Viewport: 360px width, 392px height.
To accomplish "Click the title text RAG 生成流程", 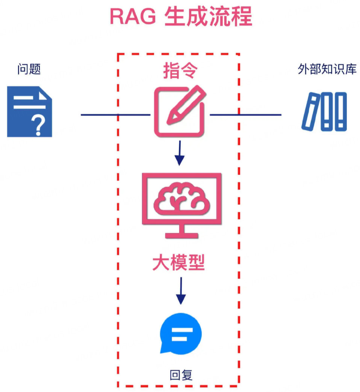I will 180,17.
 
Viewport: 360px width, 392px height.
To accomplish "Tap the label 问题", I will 29,69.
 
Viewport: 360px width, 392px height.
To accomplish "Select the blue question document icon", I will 30,112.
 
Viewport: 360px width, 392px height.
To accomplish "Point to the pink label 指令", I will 180,71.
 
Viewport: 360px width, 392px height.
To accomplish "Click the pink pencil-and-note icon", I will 180,111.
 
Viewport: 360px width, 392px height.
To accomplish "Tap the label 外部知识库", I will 327,69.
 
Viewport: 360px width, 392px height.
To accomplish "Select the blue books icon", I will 324,112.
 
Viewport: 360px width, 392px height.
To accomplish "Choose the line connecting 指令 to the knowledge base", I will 245,115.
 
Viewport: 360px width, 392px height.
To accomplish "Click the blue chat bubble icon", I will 180,333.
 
